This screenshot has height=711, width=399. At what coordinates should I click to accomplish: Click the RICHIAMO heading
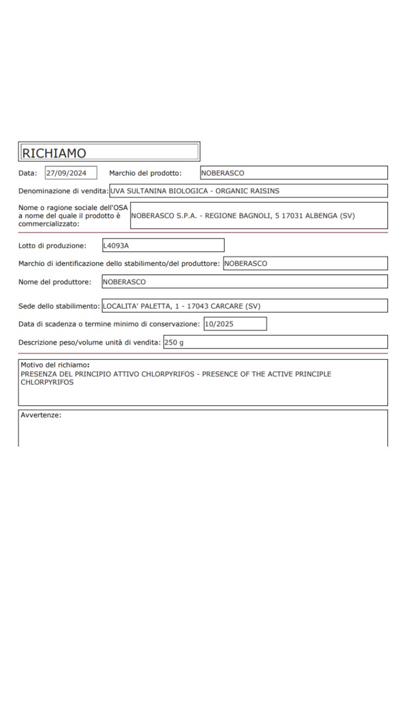coord(54,153)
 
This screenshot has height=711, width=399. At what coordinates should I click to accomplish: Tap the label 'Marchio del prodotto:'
coord(145,173)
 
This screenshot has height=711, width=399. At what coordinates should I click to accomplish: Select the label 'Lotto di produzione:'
coord(52,246)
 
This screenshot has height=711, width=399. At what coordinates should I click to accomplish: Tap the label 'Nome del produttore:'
coord(55,282)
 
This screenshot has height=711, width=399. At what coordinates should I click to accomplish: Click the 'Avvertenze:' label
coord(41,415)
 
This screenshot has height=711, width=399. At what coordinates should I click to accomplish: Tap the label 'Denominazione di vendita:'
coord(63,191)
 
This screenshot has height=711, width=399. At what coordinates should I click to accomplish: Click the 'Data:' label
coord(28,173)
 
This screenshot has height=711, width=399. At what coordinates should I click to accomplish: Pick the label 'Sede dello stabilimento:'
coord(60,306)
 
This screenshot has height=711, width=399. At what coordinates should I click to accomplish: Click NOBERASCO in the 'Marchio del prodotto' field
coord(222,173)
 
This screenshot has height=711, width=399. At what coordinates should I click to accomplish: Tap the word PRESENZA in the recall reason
coord(39,374)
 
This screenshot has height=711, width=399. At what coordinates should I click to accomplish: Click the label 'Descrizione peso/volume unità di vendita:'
coord(90,342)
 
